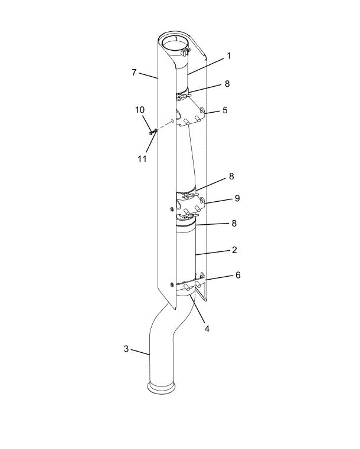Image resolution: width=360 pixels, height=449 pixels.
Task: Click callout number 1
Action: pos(228,56)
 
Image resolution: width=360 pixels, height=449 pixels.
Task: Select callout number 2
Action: pos(234,250)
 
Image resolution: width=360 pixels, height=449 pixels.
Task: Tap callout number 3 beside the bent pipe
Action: pos(126,349)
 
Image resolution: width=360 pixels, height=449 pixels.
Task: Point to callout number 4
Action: pos(207,329)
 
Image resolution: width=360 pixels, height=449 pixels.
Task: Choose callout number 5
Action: pos(225,110)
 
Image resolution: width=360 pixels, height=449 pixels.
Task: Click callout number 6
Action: pos(238,275)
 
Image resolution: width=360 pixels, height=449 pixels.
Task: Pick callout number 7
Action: pos(134,73)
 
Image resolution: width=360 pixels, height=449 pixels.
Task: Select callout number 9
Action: pos(237,198)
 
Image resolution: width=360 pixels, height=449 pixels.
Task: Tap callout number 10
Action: pos(140,110)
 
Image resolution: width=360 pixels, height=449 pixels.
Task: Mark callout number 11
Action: pos(142,158)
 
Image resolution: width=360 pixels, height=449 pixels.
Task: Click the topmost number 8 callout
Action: pos(227,84)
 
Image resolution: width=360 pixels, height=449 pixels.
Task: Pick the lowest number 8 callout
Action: pos(234,223)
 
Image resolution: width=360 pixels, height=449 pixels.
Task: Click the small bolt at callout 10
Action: pos(153,132)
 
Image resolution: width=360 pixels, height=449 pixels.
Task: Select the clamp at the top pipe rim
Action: pos(185,52)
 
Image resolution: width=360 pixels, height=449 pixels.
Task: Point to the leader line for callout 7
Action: pos(148,76)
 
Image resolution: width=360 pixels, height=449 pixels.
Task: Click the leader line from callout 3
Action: pos(140,352)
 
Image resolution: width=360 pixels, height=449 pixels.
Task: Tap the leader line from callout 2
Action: pos(213,252)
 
